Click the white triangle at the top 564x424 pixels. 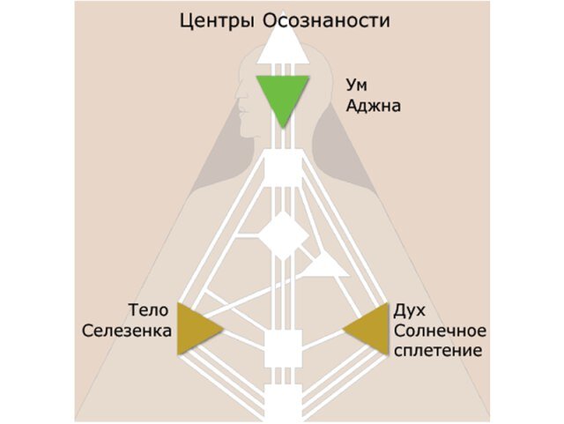282,52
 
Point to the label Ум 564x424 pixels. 355,87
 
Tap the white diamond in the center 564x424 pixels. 282,234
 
